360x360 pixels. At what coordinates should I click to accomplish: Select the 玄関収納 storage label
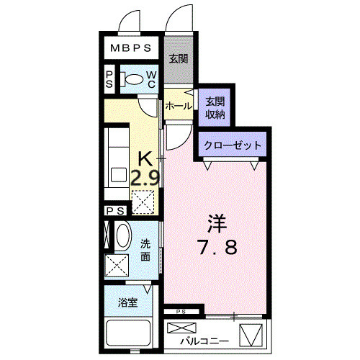pos(215,108)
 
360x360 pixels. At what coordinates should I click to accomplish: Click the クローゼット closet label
pos(232,145)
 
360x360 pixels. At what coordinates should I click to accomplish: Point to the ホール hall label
pos(178,107)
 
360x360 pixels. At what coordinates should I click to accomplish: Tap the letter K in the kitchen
pos(145,157)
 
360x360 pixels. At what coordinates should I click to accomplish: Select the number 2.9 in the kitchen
pos(145,176)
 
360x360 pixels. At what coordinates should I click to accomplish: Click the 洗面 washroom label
pos(145,250)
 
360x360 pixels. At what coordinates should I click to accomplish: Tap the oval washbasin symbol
pos(122,238)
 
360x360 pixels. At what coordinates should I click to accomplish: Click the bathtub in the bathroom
pos(128,335)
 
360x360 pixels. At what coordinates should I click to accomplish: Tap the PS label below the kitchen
pos(115,211)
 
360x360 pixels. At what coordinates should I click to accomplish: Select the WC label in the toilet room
pos(153,79)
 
